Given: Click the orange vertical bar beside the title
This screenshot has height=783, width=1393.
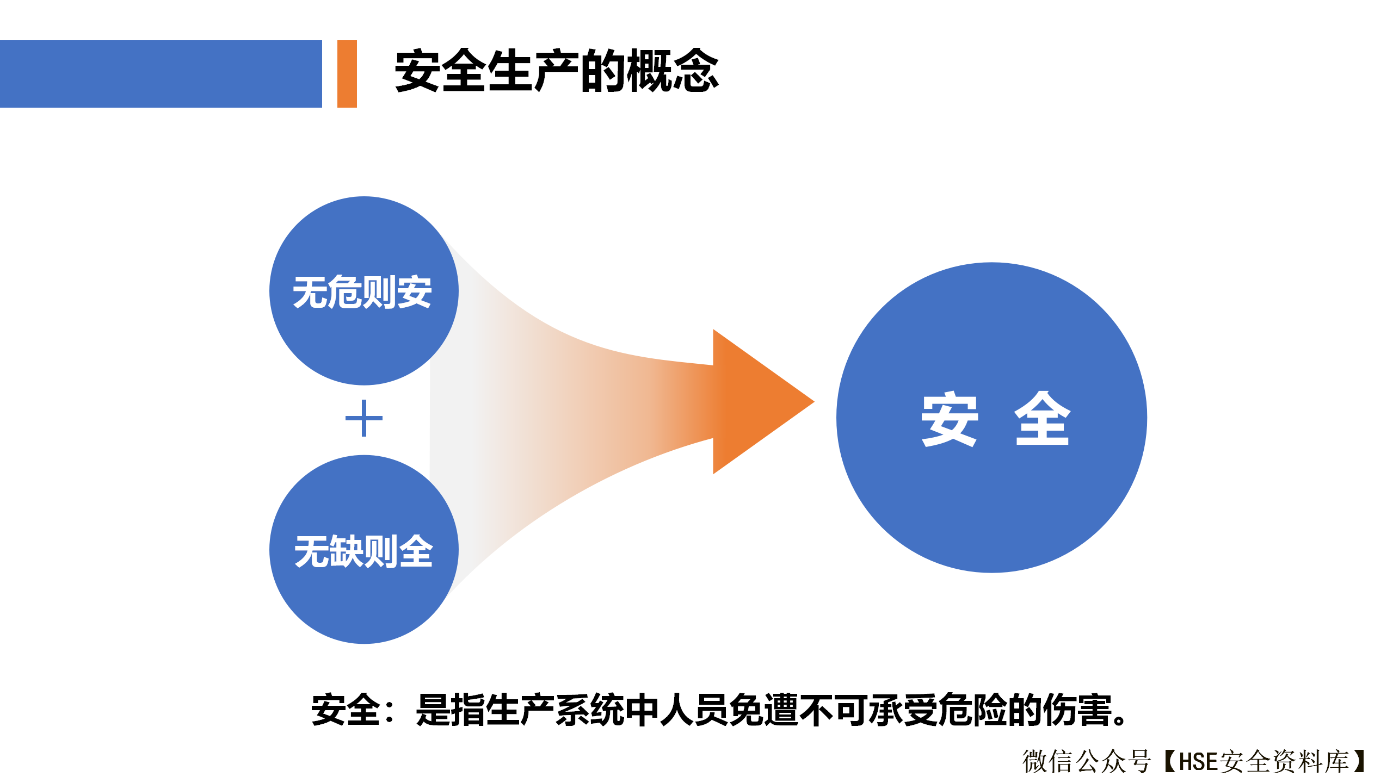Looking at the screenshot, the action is [x=347, y=74].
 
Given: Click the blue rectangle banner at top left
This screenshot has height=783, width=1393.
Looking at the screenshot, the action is [x=161, y=74].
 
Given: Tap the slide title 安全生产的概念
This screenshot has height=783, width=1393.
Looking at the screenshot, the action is [x=557, y=71].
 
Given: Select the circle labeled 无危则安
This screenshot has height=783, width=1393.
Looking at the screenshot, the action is [x=364, y=291].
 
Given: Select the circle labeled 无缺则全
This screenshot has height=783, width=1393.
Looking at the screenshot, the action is [x=364, y=550].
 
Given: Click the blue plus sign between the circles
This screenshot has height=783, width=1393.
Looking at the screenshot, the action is [x=364, y=418].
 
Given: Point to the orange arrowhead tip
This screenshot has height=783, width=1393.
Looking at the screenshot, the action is [x=814, y=402].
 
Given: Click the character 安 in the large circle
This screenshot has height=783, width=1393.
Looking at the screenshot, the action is [x=950, y=419].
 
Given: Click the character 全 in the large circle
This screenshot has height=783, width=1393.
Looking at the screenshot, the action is [x=1043, y=419].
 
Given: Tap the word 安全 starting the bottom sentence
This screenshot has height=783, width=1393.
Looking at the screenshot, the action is [x=346, y=710].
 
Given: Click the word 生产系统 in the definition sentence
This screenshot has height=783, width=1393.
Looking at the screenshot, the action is [x=554, y=710].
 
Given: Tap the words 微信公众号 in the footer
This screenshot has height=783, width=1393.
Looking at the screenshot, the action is [x=1087, y=761].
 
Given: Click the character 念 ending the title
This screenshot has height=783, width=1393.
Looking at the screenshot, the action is [x=696, y=71].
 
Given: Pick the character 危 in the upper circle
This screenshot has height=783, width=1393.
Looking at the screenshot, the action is [x=345, y=292].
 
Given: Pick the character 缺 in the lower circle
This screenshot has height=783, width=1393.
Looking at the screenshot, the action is [x=346, y=551].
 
